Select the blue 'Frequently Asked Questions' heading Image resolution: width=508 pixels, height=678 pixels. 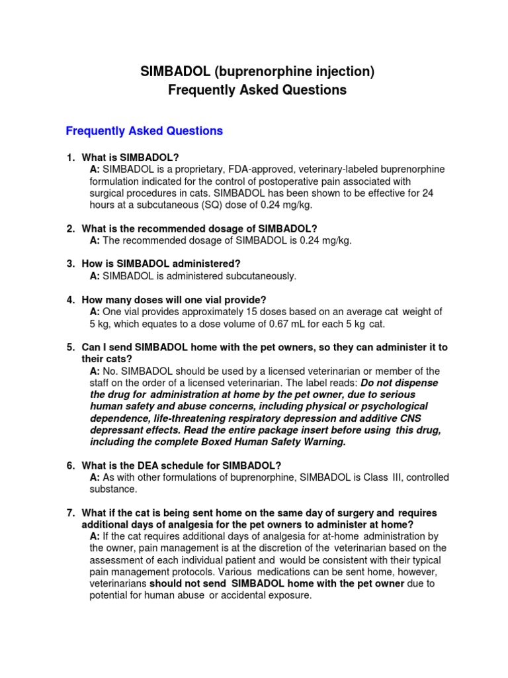point(144,131)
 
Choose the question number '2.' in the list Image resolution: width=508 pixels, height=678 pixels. point(70,228)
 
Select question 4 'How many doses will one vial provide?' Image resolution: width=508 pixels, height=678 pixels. point(173,300)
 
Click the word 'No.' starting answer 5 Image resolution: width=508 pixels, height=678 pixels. point(110,371)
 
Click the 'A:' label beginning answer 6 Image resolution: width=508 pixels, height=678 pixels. point(95,478)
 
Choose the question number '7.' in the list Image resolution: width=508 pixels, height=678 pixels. point(70,513)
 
